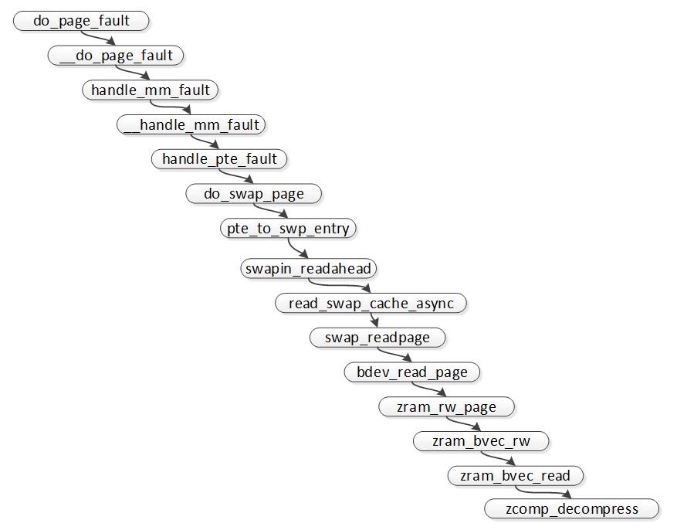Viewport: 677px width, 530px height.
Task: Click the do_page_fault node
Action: (x=81, y=21)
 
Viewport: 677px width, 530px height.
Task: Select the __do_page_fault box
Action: (x=116, y=55)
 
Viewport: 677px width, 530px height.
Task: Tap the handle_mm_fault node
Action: (x=151, y=90)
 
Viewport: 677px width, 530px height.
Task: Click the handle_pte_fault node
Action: (x=219, y=158)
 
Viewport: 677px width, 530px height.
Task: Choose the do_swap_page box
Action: (x=254, y=193)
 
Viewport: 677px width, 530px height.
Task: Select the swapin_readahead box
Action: (x=309, y=269)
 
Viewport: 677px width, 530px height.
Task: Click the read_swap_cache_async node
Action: (x=371, y=303)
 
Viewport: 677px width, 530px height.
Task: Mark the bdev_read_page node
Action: (x=412, y=372)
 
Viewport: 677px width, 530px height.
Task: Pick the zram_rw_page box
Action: (x=447, y=406)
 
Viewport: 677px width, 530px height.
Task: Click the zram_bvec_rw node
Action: (x=482, y=441)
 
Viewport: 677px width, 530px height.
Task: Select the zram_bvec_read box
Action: (x=516, y=475)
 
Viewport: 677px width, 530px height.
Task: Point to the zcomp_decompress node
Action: (x=572, y=508)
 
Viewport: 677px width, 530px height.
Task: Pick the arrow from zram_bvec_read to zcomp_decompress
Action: (x=540, y=491)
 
